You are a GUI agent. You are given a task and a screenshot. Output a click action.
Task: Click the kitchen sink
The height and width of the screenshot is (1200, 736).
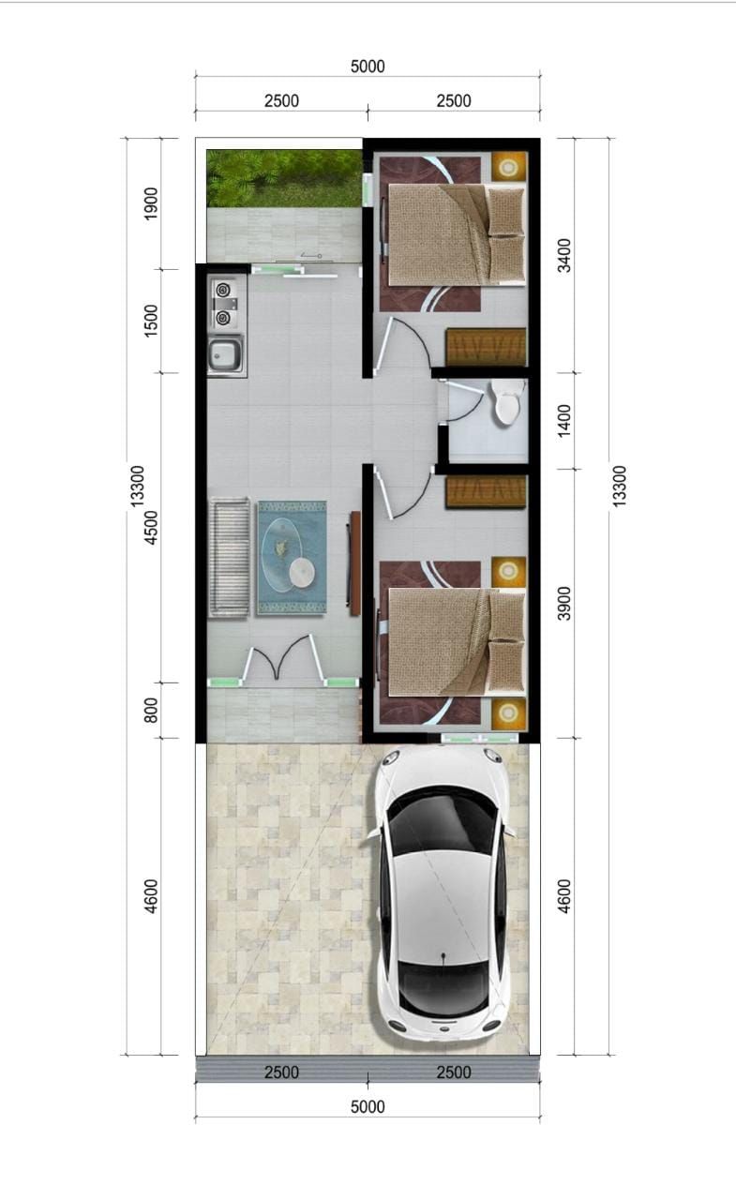tap(226, 353)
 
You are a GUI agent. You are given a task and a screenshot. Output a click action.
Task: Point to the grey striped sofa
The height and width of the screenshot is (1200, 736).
tap(229, 557)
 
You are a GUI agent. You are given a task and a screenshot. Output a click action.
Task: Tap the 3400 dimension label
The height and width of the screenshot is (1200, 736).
tap(564, 255)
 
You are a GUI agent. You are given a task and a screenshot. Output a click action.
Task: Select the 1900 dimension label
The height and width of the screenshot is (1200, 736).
tap(151, 203)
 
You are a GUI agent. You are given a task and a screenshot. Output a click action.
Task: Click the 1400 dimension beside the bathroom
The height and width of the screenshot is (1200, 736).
tap(564, 421)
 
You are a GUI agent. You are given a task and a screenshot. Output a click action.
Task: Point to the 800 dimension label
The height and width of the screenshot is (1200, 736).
tap(151, 711)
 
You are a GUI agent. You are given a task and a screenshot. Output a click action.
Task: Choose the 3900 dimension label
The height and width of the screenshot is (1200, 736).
tap(564, 603)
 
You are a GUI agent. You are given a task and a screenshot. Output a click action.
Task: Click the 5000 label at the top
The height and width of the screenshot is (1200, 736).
tap(368, 67)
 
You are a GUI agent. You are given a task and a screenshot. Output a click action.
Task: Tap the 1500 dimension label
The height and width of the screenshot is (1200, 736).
tap(151, 321)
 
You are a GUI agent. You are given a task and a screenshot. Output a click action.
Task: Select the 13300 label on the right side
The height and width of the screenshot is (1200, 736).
tap(618, 486)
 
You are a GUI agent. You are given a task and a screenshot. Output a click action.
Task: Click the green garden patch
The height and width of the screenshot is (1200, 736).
tap(283, 178)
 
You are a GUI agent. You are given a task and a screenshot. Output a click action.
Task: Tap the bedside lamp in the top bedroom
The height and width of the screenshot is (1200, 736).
tap(508, 167)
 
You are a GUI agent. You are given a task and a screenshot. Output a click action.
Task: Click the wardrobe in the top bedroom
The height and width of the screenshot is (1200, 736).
tap(486, 347)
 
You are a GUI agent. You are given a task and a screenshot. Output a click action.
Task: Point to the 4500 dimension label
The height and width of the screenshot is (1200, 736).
tap(151, 528)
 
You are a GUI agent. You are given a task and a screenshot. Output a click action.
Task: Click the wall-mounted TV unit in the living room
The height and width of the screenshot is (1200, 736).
tap(354, 562)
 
